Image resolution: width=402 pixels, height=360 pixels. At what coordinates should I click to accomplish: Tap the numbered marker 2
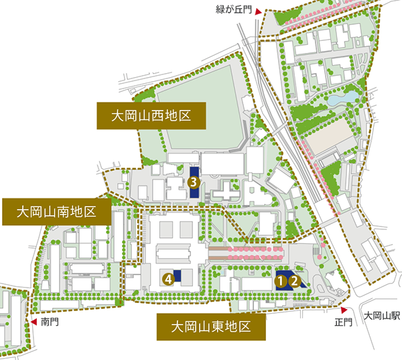(x=293, y=282)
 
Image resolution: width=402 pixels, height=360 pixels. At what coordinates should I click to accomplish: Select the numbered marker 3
(x=193, y=182)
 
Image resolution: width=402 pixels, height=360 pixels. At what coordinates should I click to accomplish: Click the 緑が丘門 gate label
(x=235, y=9)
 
